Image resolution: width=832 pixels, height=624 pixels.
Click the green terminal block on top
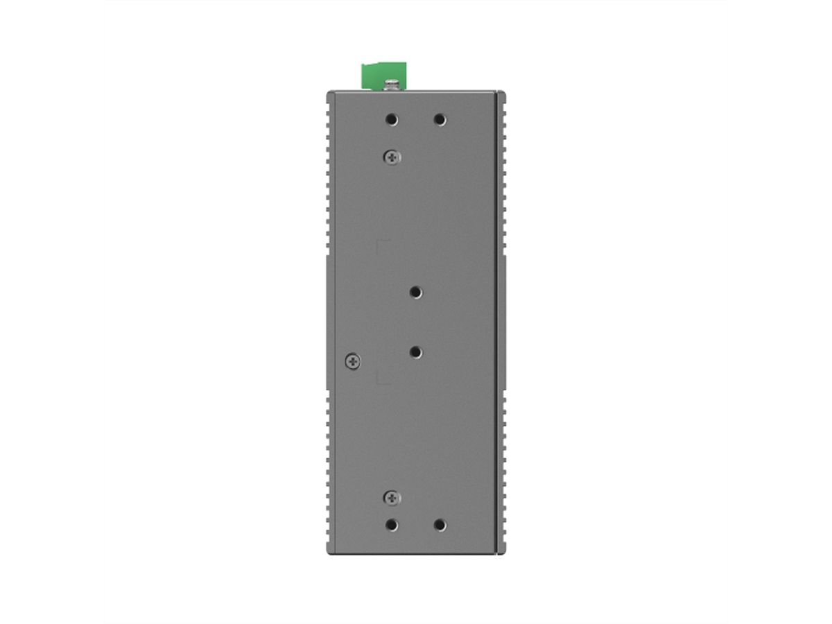click(375, 76)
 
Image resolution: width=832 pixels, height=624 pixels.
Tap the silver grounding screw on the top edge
click(392, 85)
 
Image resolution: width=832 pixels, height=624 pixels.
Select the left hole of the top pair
click(392, 119)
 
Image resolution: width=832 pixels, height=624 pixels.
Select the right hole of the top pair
click(439, 119)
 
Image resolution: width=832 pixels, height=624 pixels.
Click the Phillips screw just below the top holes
click(392, 157)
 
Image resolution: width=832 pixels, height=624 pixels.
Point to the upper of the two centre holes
click(415, 293)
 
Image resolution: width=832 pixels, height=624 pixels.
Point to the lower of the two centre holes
click(415, 352)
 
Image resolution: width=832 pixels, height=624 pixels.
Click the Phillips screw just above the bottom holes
click(392, 497)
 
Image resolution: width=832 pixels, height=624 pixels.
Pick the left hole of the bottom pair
click(392, 525)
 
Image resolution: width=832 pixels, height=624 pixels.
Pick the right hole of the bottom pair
click(439, 525)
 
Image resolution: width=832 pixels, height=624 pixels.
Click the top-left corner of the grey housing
click(328, 92)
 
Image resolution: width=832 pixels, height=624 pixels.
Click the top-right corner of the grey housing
click(504, 92)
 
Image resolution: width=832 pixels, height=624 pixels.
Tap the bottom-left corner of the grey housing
click(328, 553)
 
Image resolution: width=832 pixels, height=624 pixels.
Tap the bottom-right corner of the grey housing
click(504, 553)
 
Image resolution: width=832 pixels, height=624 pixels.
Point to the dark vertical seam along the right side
click(496, 322)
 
